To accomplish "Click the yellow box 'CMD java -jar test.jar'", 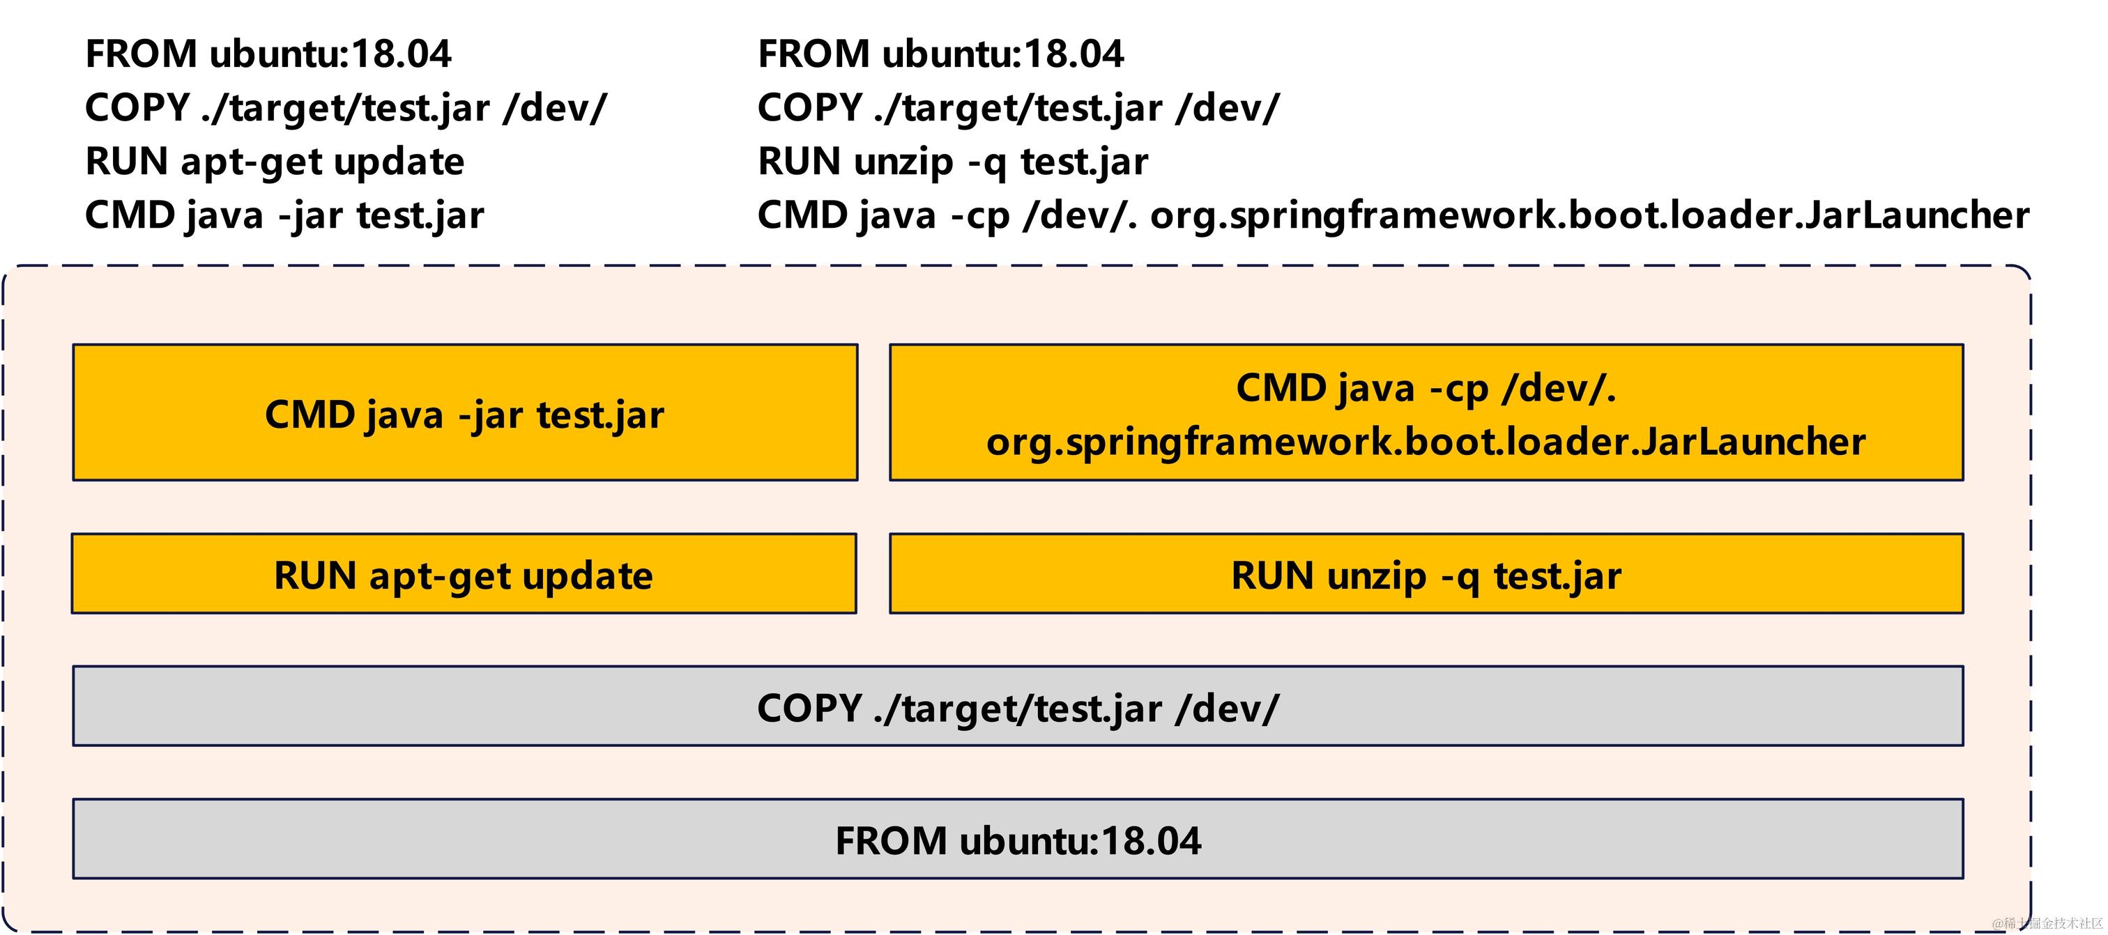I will [465, 413].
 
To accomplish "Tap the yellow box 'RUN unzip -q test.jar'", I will [1426, 574].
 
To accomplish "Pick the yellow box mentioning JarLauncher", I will [1426, 413].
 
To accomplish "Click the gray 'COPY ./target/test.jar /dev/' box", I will [1017, 706].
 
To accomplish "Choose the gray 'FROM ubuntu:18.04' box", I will [1017, 840].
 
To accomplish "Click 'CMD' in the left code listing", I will [130, 216].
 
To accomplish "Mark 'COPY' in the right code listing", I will [810, 108].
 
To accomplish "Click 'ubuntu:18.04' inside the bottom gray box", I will [1080, 840].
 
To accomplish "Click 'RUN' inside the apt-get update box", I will [314, 574].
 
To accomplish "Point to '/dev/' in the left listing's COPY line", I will [555, 108].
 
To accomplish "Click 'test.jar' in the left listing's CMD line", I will [420, 216].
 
